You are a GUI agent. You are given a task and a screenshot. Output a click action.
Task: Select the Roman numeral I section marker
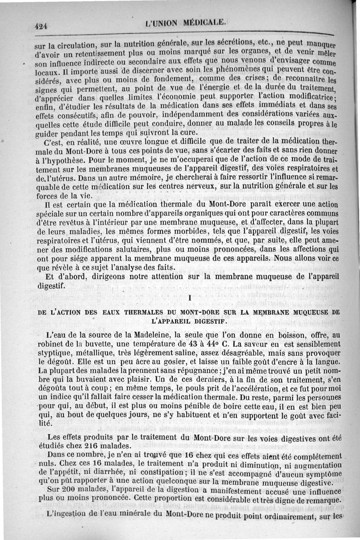[190, 298]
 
